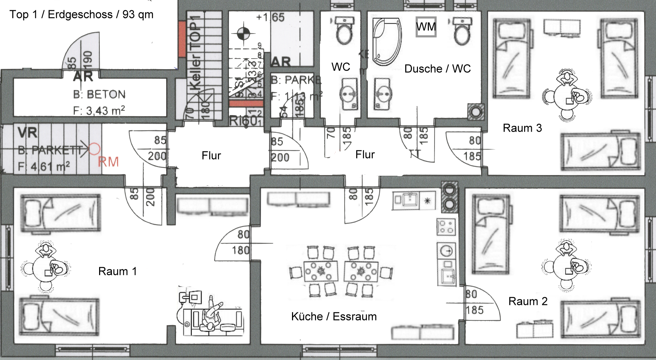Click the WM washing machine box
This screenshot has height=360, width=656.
(x=426, y=27)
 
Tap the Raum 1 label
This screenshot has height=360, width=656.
(x=117, y=271)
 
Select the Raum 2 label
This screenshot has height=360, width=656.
(x=528, y=301)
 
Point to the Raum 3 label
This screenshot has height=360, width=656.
(x=522, y=128)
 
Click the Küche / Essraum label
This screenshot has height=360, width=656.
(x=334, y=317)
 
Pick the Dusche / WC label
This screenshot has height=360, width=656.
(x=437, y=69)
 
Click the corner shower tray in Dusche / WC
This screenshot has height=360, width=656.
(x=387, y=42)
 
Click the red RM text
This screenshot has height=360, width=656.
(x=108, y=162)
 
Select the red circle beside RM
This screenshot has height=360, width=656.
(x=94, y=149)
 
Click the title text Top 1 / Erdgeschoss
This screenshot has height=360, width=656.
(x=81, y=15)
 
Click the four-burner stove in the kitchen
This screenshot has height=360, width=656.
(x=446, y=227)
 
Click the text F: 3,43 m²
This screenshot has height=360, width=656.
(x=99, y=111)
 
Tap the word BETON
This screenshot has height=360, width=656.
(x=106, y=95)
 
